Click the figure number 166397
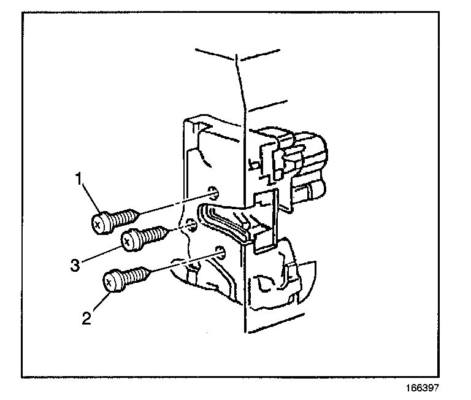click(421, 388)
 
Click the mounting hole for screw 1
click(213, 191)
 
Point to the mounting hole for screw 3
click(191, 226)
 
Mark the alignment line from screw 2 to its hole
click(184, 261)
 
